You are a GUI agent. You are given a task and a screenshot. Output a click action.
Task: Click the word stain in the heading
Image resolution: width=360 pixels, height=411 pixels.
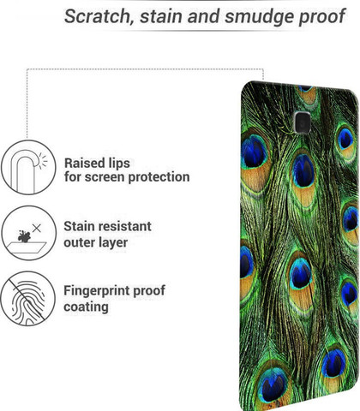click(161, 16)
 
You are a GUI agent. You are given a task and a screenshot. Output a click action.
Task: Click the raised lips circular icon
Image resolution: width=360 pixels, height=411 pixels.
click(28, 168)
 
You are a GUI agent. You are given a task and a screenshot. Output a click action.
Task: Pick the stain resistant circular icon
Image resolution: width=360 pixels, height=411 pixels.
click(28, 233)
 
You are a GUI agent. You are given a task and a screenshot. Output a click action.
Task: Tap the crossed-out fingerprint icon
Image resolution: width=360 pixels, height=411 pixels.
click(28, 299)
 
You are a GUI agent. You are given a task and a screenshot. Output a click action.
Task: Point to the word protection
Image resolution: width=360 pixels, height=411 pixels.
click(159, 177)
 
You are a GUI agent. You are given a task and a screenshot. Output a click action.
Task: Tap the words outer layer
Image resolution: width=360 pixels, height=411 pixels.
click(96, 243)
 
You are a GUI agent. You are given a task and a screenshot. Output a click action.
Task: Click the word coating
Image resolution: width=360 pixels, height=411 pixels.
click(86, 307)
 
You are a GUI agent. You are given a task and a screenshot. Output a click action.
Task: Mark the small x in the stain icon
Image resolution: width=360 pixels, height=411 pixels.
click(37, 228)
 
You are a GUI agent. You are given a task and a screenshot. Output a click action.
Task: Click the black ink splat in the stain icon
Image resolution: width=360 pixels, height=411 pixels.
click(24, 236)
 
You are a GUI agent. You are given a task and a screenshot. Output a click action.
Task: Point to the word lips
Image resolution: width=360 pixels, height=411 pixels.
click(119, 164)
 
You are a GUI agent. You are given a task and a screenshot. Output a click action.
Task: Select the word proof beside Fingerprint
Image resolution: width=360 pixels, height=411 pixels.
click(149, 291)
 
